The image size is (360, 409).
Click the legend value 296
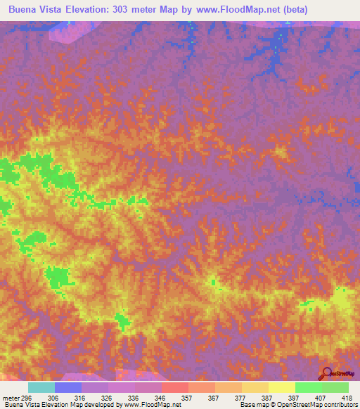point(25,397)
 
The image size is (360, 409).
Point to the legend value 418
point(347,397)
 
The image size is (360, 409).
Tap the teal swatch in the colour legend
point(41,387)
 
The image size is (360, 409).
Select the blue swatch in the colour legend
point(68,387)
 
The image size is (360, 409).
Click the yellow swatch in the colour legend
point(282,387)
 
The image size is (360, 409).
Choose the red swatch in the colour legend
point(175,387)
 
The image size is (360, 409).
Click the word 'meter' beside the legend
point(9,397)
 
